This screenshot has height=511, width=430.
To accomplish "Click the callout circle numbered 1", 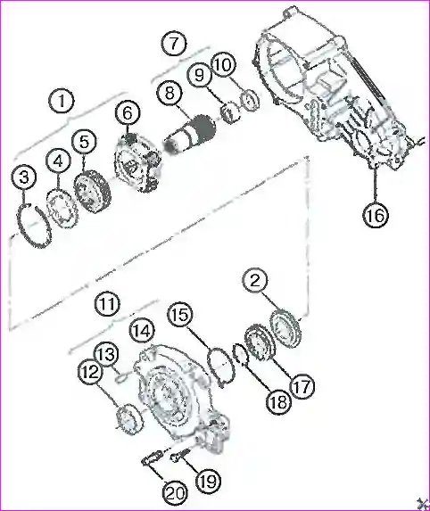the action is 62,102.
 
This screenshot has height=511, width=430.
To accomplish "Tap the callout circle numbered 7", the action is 174,44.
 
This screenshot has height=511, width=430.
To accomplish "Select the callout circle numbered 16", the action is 376,215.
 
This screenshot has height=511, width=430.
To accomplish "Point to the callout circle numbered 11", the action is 108,304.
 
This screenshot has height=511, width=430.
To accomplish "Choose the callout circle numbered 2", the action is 254,281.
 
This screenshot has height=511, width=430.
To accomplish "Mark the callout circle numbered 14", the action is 142,331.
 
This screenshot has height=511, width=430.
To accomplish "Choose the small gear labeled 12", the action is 129,417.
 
